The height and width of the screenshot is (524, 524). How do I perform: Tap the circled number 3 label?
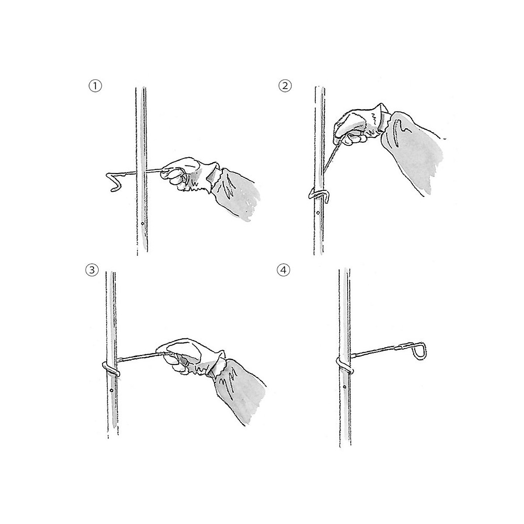tap(91, 270)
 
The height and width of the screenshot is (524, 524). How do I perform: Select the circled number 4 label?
tap(283, 270)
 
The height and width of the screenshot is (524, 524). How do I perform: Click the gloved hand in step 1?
tap(183, 172)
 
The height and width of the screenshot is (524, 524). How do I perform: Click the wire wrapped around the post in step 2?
tap(317, 193)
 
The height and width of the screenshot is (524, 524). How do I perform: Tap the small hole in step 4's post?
tap(345, 387)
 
